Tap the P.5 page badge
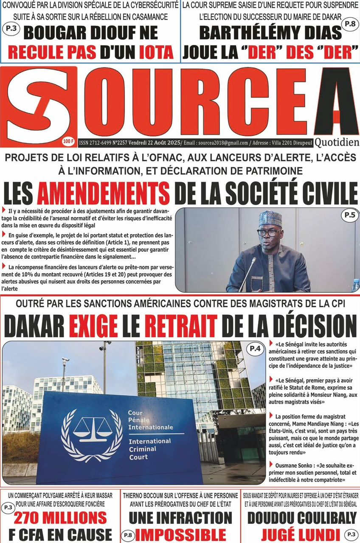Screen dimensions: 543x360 349,216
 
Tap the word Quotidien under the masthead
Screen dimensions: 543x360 337,143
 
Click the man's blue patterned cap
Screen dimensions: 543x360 270,218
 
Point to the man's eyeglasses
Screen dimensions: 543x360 268,232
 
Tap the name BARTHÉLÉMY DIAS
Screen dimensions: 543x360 270,33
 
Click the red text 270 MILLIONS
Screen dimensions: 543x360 60,518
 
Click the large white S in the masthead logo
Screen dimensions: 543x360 40,105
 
